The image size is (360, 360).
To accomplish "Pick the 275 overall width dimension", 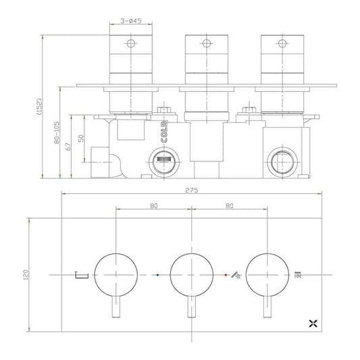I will pos(191,190).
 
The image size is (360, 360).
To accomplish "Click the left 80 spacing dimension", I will pos(154,206).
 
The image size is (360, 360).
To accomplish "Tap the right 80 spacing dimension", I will pos(230,206).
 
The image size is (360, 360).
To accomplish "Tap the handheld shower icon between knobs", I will pos(234,275).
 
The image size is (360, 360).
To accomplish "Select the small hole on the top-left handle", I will pos(130,45).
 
